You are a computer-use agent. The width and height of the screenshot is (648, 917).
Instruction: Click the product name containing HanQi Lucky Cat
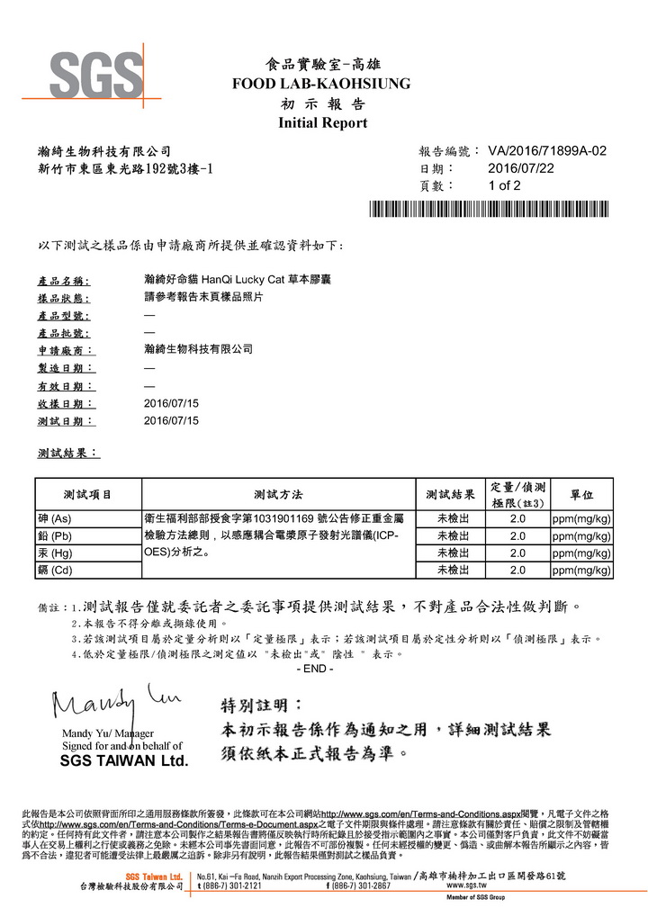tap(225, 282)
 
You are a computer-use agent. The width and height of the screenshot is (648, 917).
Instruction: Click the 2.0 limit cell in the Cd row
tap(517, 571)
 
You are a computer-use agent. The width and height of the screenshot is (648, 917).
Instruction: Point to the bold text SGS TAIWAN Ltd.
tap(123, 761)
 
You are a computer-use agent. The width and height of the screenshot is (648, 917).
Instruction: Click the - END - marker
tap(315, 670)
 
